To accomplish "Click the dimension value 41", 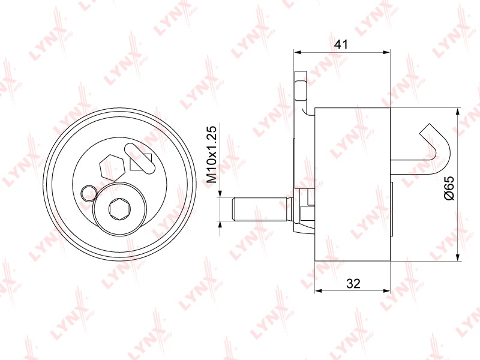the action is [x=341, y=44].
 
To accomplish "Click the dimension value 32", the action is [x=353, y=284].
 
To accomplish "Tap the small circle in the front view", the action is [x=82, y=193].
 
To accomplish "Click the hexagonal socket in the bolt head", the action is [x=119, y=209].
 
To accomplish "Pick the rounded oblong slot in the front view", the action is [x=140, y=159].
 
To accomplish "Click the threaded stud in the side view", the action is [x=260, y=209].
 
